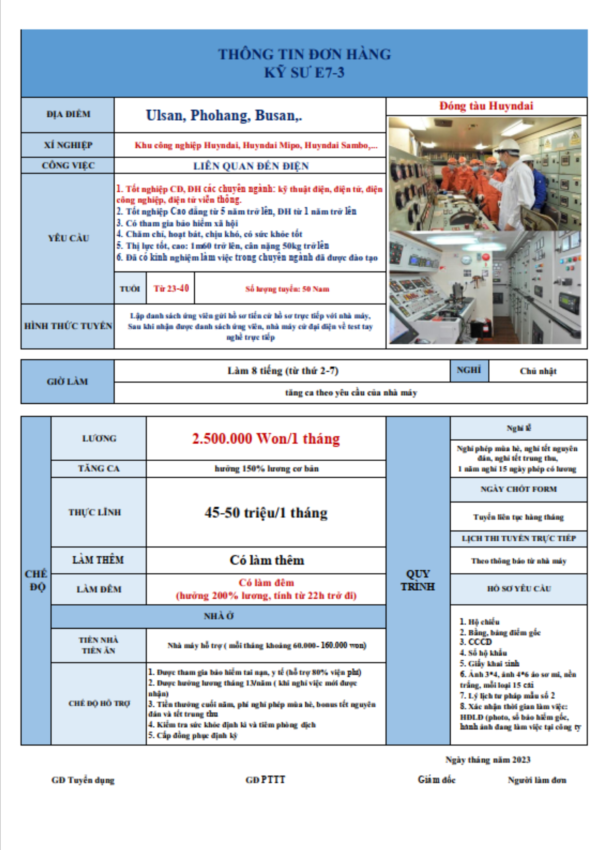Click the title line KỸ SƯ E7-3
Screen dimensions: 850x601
[304, 73]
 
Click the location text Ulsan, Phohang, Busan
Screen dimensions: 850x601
[224, 116]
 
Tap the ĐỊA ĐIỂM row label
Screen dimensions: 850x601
[68, 114]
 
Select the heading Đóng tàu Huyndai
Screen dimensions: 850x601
[486, 106]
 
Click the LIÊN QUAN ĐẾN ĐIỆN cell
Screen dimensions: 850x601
[251, 166]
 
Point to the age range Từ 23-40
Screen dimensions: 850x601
[171, 289]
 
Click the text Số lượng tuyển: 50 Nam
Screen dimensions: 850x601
[287, 289]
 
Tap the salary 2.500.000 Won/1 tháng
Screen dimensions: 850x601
[266, 439]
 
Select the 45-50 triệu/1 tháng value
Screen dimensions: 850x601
[266, 513]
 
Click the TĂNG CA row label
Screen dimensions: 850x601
[99, 468]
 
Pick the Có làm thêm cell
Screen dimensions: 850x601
[266, 560]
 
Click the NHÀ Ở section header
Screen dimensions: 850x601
[218, 616]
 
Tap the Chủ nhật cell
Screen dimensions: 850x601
[538, 371]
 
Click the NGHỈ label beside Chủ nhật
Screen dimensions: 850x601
[468, 370]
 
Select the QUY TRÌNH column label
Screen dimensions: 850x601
[417, 580]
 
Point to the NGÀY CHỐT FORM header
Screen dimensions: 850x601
[519, 489]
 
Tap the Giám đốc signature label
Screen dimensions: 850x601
[436, 779]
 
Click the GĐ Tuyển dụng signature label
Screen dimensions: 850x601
[83, 780]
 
